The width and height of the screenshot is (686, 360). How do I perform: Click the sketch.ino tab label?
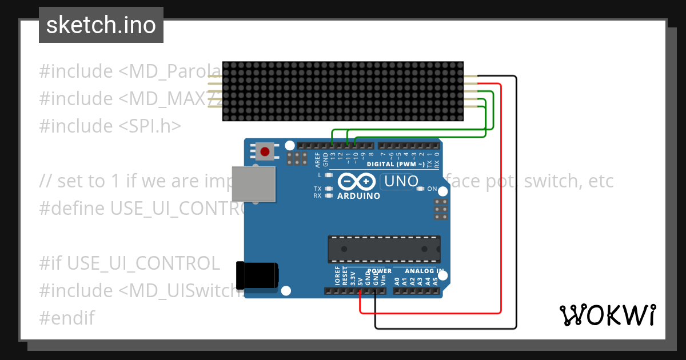tap(101, 25)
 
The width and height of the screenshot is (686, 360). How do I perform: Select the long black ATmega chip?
tap(384, 249)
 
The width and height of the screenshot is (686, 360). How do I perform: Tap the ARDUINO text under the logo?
tap(358, 195)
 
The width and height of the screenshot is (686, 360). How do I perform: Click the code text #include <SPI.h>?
tap(110, 126)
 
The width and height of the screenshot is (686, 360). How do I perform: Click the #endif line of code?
tap(67, 318)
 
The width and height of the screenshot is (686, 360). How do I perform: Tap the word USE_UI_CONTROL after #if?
tap(143, 263)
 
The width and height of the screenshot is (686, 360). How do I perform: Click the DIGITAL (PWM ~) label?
tap(395, 164)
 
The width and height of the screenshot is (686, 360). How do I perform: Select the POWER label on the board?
tap(380, 271)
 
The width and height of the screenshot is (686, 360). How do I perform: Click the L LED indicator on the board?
tap(328, 175)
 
